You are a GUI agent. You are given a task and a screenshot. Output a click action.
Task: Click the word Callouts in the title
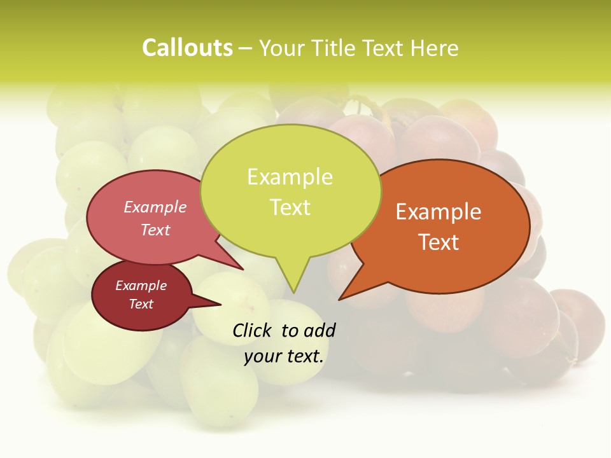coord(187,48)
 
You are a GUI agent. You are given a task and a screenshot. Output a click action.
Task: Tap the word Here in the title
coord(435,48)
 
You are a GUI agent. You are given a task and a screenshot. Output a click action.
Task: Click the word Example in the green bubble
coord(290,177)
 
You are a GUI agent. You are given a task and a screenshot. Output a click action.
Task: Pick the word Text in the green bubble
coord(290,207)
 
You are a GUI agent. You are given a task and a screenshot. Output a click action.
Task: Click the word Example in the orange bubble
coord(439,212)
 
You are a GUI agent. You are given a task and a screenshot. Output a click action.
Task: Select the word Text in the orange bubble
coord(439,242)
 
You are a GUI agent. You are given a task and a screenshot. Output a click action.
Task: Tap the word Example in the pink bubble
coord(155,207)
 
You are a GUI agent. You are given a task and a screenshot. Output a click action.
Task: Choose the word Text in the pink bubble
coord(155,230)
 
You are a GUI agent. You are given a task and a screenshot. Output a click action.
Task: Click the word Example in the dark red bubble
coord(141,286)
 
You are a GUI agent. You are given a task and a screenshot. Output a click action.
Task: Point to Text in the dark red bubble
coord(141,304)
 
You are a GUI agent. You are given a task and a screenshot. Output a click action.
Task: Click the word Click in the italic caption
coord(253,330)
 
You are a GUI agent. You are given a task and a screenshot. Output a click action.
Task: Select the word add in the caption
coord(320,330)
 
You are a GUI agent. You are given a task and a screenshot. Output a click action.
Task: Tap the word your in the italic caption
coord(262,356)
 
